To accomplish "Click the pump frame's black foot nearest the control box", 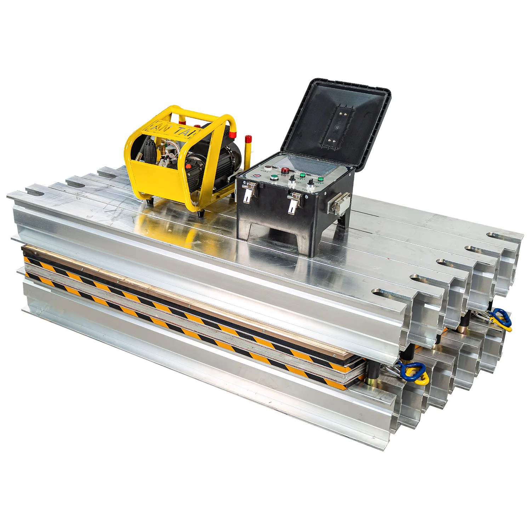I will pyautogui.click(x=201, y=214).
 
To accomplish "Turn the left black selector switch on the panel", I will pyautogui.click(x=292, y=181).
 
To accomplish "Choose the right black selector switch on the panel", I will pyautogui.click(x=310, y=182).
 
